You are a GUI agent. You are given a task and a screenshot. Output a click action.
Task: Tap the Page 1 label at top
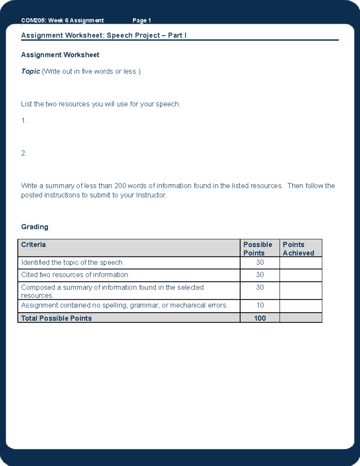click(142, 20)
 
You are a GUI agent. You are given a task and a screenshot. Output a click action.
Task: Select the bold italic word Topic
click(30, 71)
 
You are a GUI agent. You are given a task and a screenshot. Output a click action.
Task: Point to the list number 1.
click(24, 121)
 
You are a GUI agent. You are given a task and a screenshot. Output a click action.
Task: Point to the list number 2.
click(24, 153)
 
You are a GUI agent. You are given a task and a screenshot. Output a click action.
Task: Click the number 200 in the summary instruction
click(120, 186)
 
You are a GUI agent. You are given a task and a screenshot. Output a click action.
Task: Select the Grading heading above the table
click(34, 227)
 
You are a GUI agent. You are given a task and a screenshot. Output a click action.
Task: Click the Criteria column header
click(33, 245)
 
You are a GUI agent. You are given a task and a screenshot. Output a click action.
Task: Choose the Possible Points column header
click(258, 249)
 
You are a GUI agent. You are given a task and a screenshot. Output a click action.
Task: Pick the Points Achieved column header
click(298, 249)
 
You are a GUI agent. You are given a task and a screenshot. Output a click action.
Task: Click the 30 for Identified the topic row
click(260, 263)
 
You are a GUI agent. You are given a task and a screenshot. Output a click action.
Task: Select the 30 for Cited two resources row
click(260, 275)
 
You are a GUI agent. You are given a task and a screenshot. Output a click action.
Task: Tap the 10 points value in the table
click(260, 305)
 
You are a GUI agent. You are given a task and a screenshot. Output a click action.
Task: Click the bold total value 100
click(260, 318)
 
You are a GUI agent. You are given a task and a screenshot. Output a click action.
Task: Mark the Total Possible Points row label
click(56, 318)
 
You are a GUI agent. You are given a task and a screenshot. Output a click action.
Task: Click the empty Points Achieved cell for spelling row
click(301, 306)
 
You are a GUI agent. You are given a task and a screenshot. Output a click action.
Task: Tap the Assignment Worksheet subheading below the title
click(60, 55)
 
